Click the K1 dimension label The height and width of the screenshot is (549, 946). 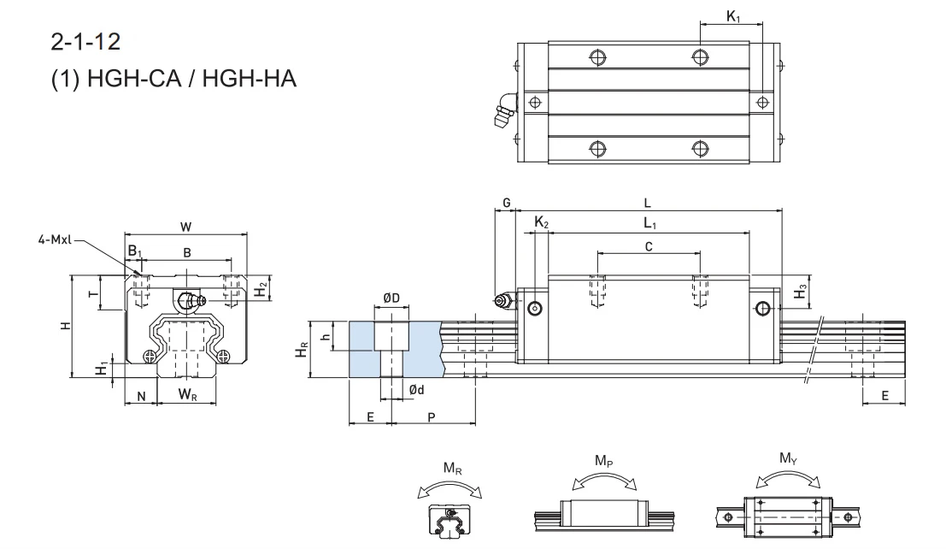[x=733, y=16]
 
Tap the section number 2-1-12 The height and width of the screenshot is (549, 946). [x=85, y=42]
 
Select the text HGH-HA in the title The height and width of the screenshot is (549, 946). [x=250, y=79]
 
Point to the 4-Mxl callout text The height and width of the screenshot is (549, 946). [x=55, y=239]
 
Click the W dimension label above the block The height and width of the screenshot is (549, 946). [x=185, y=227]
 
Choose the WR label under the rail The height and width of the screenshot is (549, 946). [x=188, y=395]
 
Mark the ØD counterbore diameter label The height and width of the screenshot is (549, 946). [x=391, y=298]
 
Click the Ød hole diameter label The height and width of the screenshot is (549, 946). [x=416, y=390]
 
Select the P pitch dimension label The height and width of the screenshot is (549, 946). [x=432, y=416]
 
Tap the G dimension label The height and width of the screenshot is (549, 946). [x=507, y=203]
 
